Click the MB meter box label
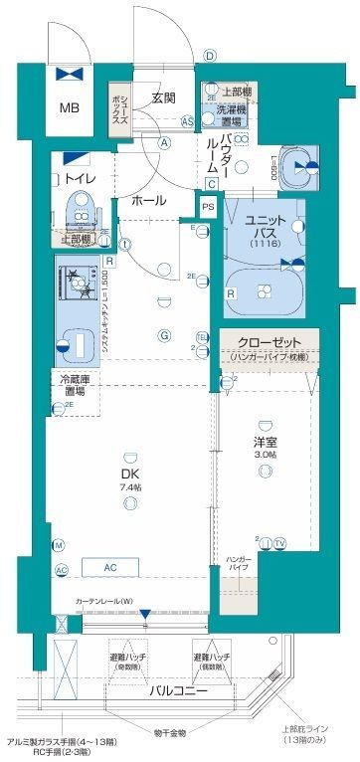point(70,107)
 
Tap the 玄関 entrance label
point(164,97)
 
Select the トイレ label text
point(81,179)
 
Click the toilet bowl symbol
point(79,209)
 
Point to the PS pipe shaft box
point(207,206)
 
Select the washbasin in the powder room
point(295,166)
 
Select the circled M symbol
point(59,545)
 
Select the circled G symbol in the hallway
point(162,335)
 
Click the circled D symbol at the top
point(209,56)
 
